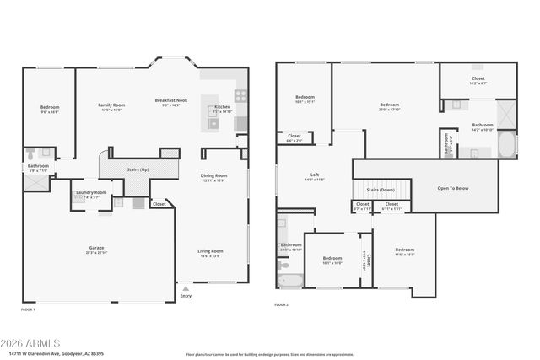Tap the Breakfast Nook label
coord(170,100)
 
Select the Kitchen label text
coord(222,107)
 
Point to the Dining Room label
coord(213,176)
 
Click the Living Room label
coord(210,250)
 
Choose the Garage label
coord(97,248)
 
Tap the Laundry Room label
coord(91,193)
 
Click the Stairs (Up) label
coord(138,169)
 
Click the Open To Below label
coord(451,188)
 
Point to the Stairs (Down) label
coord(381,190)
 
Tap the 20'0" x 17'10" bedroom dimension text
coord(388,109)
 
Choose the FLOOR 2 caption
coord(281,304)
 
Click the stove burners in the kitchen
coord(241,95)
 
